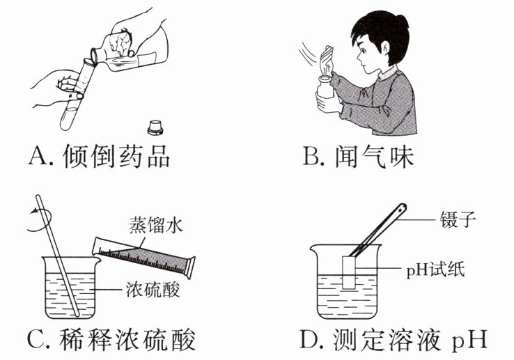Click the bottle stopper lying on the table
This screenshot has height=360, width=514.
(x=155, y=128)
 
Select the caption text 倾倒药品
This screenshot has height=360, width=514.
(x=116, y=157)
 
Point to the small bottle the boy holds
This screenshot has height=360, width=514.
(x=325, y=87)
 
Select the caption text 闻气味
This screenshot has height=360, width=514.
(x=374, y=157)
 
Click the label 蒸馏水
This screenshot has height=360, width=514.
(x=156, y=225)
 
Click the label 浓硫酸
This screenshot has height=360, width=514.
(x=153, y=290)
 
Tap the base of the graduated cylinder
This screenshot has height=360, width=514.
(x=190, y=267)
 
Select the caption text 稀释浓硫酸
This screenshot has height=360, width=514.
(x=127, y=340)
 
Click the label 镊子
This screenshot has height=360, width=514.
(x=458, y=219)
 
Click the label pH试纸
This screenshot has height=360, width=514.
(x=435, y=271)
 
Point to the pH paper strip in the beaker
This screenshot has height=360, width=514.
(x=349, y=272)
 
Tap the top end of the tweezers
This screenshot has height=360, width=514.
(x=402, y=208)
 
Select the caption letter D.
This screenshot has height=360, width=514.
(x=309, y=340)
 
